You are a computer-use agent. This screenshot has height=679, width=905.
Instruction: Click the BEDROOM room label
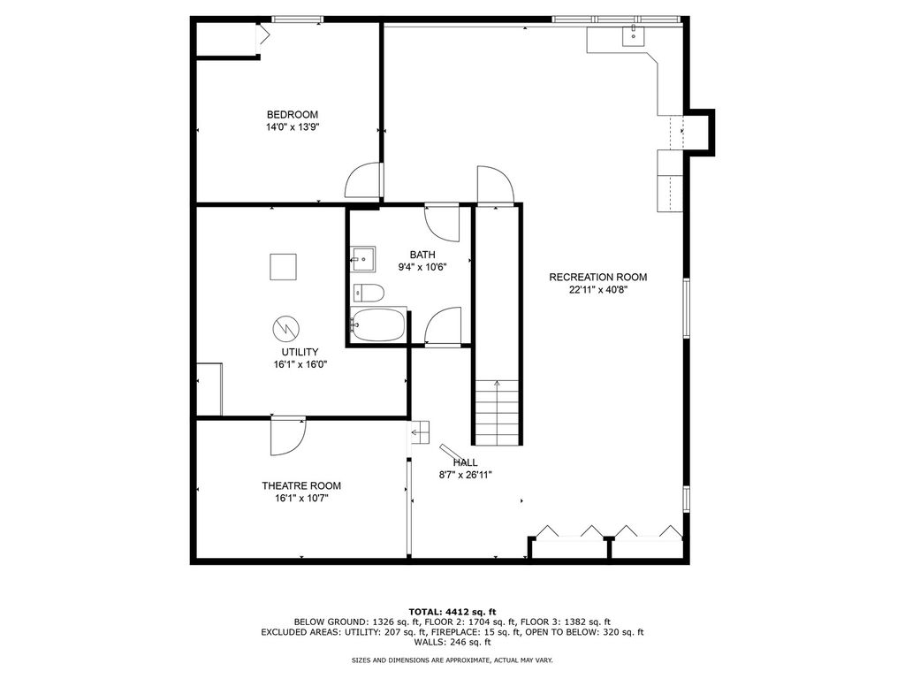point(292,115)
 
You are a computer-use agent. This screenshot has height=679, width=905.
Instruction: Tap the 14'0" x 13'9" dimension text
point(293,127)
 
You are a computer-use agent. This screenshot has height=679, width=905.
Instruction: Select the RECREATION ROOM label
point(598,277)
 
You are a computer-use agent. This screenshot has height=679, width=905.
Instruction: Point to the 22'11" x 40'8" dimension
point(598,290)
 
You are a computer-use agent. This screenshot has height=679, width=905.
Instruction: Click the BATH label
point(422,255)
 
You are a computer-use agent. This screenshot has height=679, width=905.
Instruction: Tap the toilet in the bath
point(369,294)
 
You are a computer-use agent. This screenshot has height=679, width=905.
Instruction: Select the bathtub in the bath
point(378,325)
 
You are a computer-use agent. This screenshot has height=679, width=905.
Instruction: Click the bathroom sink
point(363,259)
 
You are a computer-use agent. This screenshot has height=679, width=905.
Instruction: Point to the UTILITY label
point(300,352)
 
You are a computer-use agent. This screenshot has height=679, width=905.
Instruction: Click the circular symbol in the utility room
point(286,329)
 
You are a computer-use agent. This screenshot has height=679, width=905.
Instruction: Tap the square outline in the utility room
point(283,267)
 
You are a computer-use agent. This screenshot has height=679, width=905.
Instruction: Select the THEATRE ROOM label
point(301,486)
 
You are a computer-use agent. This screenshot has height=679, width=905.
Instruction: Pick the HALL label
point(465,462)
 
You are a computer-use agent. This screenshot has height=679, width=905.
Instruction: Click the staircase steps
point(497,412)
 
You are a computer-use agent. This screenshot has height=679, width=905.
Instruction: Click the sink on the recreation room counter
point(633,35)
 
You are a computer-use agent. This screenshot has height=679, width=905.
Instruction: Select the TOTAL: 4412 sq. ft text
point(452,612)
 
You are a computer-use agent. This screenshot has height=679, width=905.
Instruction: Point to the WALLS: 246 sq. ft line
point(452,642)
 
